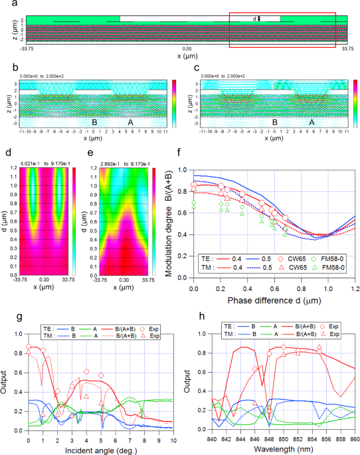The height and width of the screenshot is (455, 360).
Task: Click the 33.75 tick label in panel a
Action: coord(347,48)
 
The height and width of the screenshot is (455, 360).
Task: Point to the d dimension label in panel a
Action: coord(255,19)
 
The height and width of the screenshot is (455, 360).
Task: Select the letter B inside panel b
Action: coord(94,122)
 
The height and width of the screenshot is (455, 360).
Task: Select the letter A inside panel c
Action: coord(311,122)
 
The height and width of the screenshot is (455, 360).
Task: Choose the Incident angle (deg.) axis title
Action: coord(92,450)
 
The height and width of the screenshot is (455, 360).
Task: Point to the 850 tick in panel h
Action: coord(284,440)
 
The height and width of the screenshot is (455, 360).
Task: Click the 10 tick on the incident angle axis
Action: coord(173,440)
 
